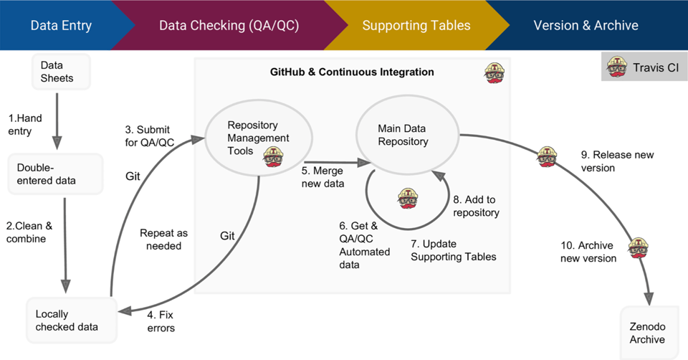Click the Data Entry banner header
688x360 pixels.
[62, 26]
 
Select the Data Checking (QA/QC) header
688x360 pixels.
[229, 26]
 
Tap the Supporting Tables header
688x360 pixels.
[416, 26]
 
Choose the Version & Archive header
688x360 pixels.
[586, 26]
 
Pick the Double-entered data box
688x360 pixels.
[56, 174]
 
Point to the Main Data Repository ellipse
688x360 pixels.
[407, 135]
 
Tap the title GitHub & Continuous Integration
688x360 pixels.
[351, 72]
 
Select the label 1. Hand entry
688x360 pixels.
[26, 123]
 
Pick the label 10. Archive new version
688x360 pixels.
[588, 252]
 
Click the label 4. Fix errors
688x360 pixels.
[161, 321]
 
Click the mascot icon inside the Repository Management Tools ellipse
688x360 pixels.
[273, 156]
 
